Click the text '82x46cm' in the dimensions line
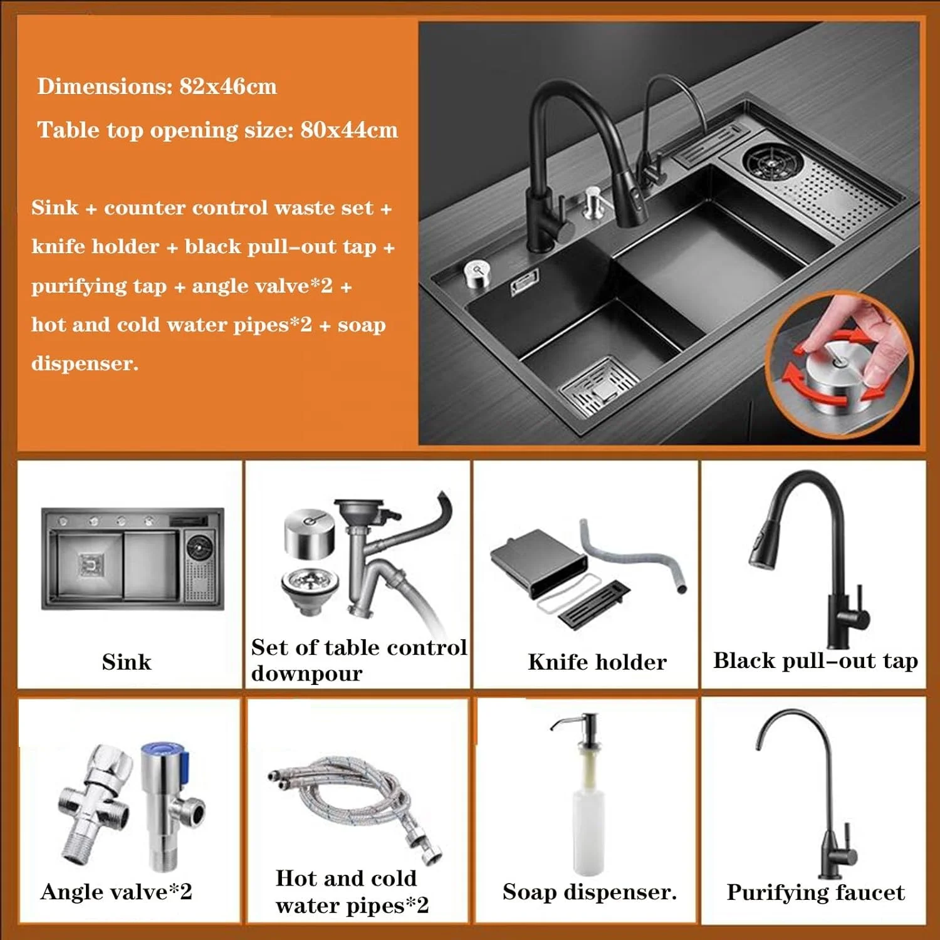pyautogui.click(x=228, y=86)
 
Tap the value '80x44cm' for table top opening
pyautogui.click(x=349, y=130)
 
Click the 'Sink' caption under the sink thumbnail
pyautogui.click(x=127, y=662)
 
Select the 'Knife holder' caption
pyautogui.click(x=597, y=662)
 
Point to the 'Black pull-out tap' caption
pyautogui.click(x=815, y=661)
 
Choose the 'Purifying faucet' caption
pyautogui.click(x=815, y=892)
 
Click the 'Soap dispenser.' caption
pyautogui.click(x=590, y=892)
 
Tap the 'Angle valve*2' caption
pyautogui.click(x=117, y=892)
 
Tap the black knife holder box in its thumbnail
pyautogui.click(x=539, y=561)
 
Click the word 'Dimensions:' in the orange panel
pyautogui.click(x=104, y=86)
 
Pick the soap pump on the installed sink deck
pyautogui.click(x=592, y=202)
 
